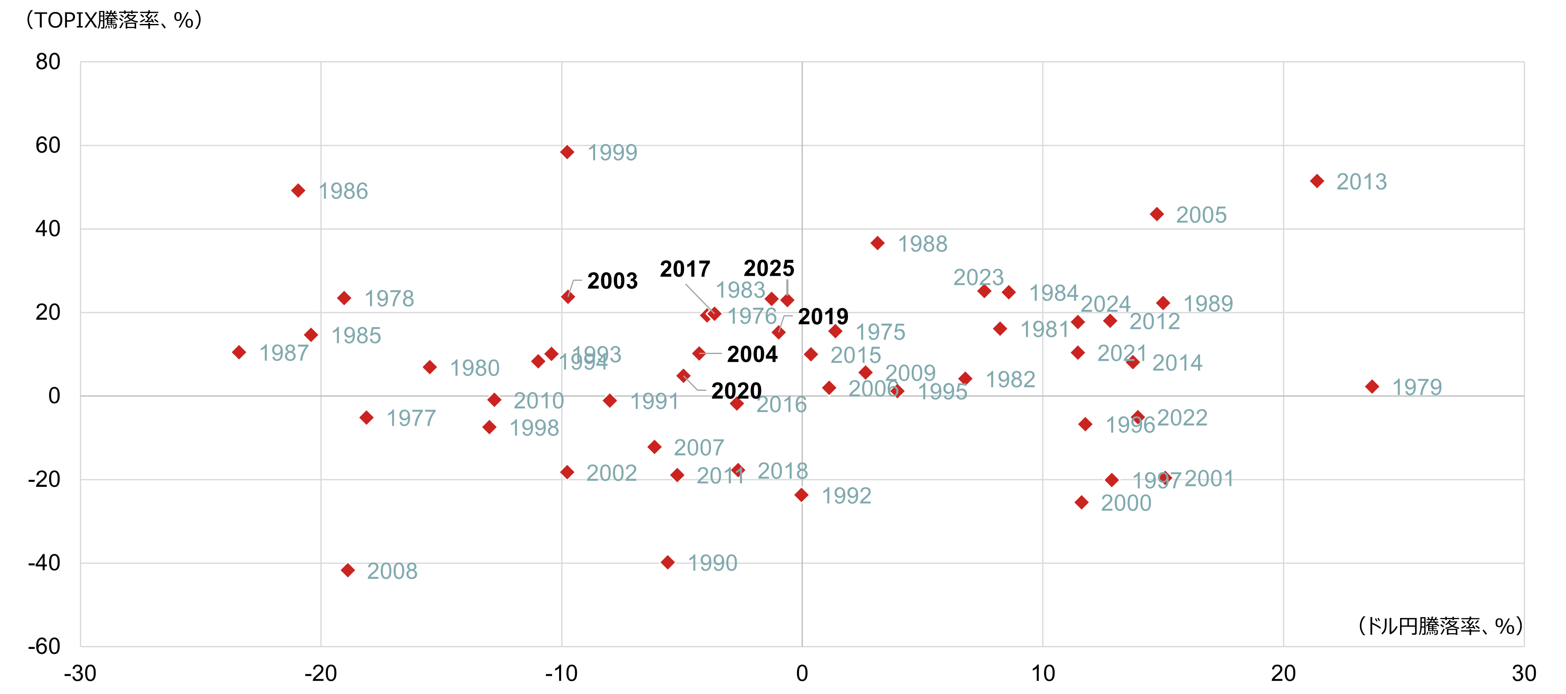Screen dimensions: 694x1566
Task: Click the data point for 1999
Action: [567, 152]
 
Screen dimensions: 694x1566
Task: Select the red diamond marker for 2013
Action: [1317, 181]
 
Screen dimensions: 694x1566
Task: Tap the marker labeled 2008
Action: [348, 570]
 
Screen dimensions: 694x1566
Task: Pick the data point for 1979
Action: [1372, 387]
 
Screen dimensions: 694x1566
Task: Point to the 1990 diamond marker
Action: [668, 562]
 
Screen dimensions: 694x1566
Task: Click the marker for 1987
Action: [239, 352]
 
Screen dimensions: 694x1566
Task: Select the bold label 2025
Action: [769, 268]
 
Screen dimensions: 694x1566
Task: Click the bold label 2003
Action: [612, 281]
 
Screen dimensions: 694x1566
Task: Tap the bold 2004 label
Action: [752, 354]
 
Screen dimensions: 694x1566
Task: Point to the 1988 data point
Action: [877, 243]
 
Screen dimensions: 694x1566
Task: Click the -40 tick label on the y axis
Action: [44, 563]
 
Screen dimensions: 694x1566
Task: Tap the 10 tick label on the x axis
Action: [1042, 673]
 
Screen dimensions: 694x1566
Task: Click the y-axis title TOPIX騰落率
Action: [113, 20]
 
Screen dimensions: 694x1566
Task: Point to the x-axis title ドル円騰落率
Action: [1439, 625]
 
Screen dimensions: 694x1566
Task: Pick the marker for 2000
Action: [1081, 502]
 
